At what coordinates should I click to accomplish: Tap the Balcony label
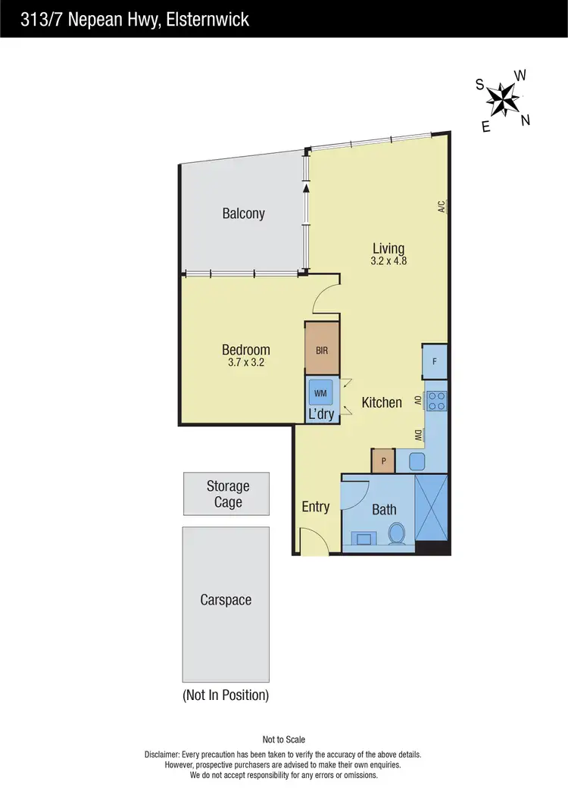pos(243,214)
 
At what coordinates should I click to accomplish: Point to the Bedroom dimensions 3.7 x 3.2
pos(245,363)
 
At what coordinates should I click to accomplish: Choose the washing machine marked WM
pos(321,393)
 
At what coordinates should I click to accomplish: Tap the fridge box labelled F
pos(435,361)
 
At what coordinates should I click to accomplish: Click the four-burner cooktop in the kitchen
pos(437,401)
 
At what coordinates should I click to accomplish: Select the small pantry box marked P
pos(383,461)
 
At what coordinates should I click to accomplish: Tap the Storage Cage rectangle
pos(227,494)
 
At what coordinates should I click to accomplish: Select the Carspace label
pos(226,600)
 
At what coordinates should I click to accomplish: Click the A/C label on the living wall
pos(441,206)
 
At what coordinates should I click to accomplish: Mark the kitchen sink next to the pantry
pos(416,460)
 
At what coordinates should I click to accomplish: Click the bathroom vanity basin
pos(364,538)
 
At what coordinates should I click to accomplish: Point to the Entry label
pos(315,507)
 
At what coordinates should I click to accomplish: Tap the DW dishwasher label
pos(418,435)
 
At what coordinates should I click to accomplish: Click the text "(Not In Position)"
pos(226,695)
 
